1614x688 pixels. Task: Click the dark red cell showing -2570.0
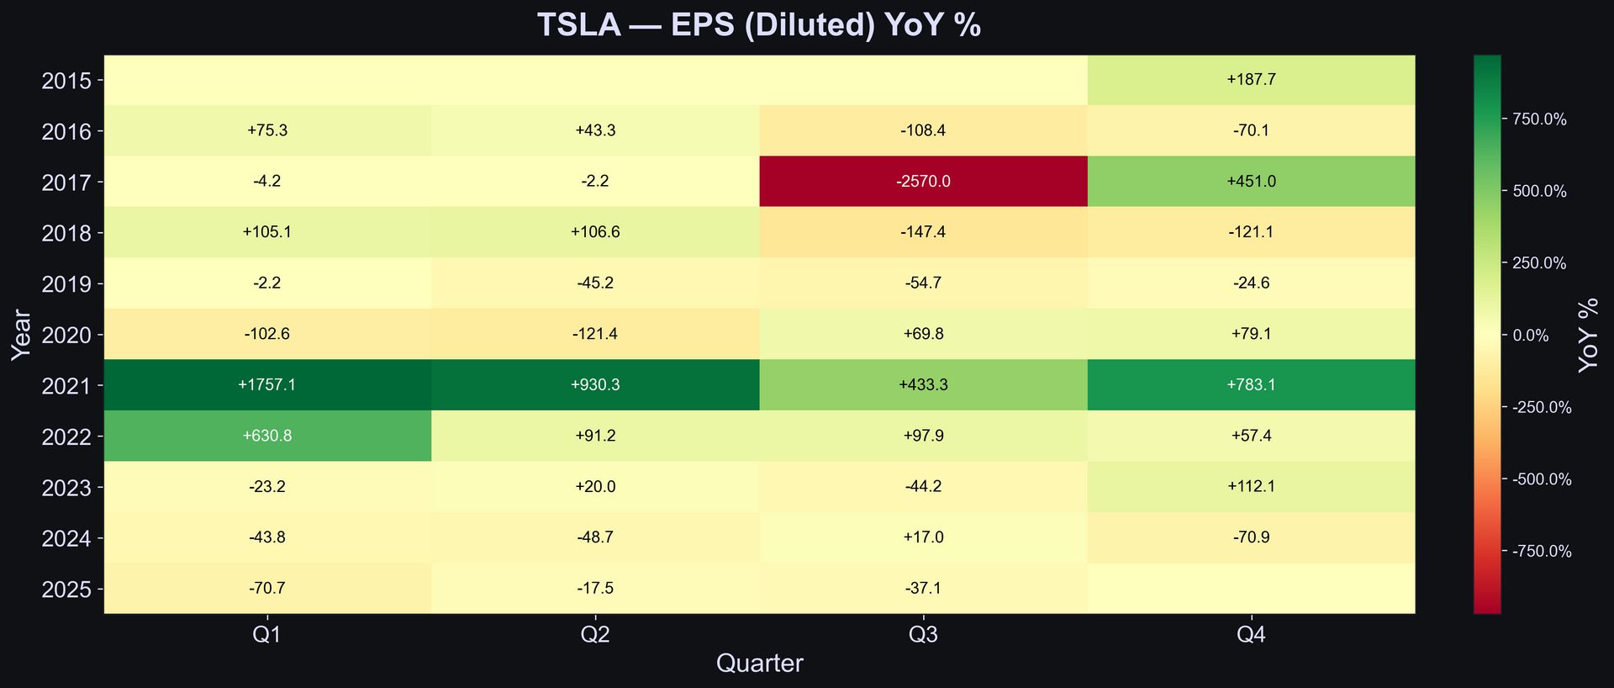923,182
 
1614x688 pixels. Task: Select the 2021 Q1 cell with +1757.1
267,385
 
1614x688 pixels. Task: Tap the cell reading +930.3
595,385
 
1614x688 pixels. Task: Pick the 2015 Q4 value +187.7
1251,80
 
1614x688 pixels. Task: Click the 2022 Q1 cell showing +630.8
267,436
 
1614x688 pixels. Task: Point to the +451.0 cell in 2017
1251,182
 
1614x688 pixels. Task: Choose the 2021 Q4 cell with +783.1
1251,385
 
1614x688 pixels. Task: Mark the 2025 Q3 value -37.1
923,589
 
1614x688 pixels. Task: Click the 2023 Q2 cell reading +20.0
595,487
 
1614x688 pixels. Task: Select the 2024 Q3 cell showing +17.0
923,537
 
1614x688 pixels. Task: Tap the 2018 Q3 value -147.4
923,232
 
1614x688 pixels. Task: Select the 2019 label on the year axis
66,283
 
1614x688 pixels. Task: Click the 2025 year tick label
66,589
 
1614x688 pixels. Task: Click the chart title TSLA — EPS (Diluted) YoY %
759,25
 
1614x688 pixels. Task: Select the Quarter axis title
759,664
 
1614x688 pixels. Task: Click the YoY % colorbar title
1588,335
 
